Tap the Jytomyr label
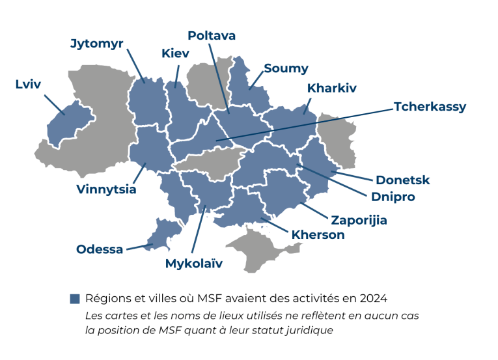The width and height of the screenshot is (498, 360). (97, 44)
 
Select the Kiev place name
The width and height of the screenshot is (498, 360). (175, 53)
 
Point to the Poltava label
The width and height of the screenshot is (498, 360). (212, 35)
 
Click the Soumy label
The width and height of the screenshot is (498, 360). (286, 68)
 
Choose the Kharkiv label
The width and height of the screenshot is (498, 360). (332, 88)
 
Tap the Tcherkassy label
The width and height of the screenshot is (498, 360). (430, 107)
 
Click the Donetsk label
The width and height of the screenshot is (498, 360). (403, 180)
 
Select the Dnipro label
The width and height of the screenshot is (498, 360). (393, 196)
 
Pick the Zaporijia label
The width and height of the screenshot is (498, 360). (359, 220)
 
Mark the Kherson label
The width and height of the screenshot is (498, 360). (318, 234)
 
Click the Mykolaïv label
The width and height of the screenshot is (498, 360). (194, 264)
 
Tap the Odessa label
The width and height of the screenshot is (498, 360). (100, 249)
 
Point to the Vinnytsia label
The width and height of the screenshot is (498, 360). (106, 189)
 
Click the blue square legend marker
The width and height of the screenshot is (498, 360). (74, 299)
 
